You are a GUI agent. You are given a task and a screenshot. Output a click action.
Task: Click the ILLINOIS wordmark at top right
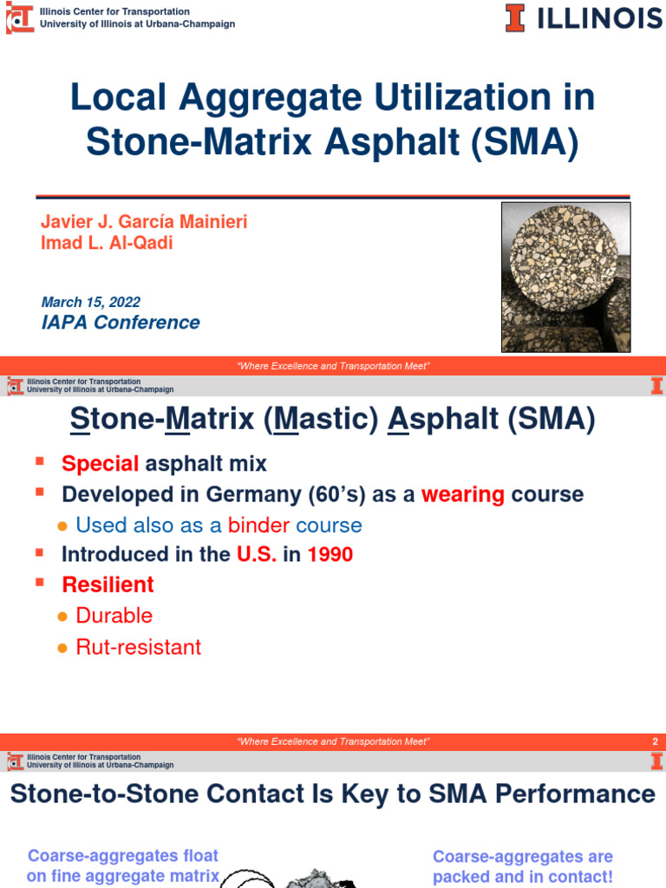(598, 17)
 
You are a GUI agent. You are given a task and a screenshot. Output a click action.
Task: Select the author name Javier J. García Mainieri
(144, 222)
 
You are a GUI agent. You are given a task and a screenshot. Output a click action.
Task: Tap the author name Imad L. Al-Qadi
(107, 243)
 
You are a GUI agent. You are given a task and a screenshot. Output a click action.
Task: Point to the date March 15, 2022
(90, 302)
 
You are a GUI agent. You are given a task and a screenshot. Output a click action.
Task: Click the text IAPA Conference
(121, 323)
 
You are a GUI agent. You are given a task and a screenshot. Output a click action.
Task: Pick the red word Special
(100, 463)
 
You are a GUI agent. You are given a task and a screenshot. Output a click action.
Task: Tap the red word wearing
(463, 494)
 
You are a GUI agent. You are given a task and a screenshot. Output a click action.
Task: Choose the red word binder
(258, 526)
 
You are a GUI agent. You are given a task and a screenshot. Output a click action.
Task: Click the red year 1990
(330, 554)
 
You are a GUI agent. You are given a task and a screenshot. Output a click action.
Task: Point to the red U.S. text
(257, 554)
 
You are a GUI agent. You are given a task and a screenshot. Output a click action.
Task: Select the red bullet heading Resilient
(108, 584)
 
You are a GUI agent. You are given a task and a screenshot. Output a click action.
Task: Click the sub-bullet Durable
(114, 616)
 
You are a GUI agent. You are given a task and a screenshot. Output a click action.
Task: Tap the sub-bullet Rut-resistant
(139, 647)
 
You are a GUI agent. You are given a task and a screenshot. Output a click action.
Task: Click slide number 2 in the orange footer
(655, 741)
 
